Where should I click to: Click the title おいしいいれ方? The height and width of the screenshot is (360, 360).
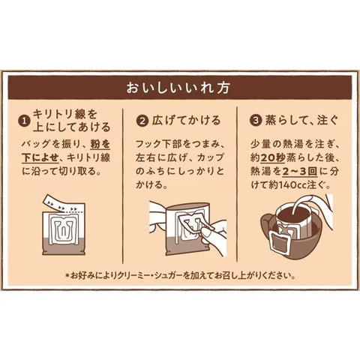178,88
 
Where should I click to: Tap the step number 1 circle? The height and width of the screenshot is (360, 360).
25,121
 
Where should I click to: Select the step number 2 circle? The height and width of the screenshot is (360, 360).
142,121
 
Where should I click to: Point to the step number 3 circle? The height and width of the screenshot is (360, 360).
256,121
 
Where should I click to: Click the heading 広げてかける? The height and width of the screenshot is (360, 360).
187,121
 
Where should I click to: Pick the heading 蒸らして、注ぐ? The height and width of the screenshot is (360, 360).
302,121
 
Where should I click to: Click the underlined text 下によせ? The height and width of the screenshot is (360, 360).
40,157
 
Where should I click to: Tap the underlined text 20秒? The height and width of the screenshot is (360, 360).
273,157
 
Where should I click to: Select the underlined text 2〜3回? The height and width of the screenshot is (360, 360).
300,172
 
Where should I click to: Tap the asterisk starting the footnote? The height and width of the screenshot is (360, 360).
67,276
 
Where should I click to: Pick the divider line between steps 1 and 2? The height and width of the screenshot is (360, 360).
123,186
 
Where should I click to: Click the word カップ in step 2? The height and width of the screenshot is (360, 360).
210,157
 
